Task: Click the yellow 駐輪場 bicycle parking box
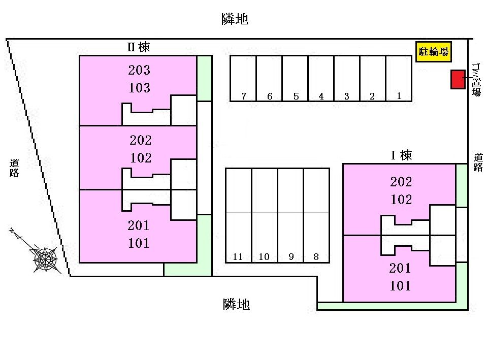433,51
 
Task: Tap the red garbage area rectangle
458,79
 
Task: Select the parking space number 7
244,96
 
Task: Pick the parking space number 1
399,95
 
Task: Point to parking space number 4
321,96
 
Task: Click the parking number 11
238,257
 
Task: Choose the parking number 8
316,257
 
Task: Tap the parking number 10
264,257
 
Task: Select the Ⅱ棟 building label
138,47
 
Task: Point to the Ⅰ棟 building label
401,155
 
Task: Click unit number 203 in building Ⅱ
139,71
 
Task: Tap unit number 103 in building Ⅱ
139,88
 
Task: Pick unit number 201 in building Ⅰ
400,268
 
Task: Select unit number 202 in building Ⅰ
401,182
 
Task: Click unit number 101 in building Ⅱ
139,243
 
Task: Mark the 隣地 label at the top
235,19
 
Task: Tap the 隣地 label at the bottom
236,304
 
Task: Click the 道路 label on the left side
14,168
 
